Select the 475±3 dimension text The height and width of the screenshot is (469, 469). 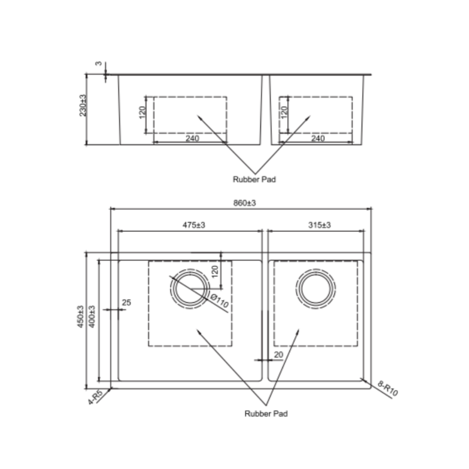point(193,225)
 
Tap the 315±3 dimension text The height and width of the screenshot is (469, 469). point(319,225)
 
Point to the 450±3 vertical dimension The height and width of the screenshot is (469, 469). point(81,317)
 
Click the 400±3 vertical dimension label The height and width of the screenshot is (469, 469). point(92,317)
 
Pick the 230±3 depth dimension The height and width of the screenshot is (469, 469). point(83,106)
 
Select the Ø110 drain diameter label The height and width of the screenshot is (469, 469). point(219,301)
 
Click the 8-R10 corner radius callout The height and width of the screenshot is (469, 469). point(388,389)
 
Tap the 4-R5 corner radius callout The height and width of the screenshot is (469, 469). point(95,398)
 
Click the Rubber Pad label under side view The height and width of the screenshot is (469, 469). point(254,179)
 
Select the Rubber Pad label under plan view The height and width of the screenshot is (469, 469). point(266,413)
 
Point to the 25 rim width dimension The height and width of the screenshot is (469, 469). point(126,303)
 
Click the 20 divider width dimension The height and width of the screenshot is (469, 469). point(278,355)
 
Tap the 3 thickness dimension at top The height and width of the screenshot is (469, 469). point(99,64)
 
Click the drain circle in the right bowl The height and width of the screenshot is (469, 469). point(316,289)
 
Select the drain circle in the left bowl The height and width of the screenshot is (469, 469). point(190,289)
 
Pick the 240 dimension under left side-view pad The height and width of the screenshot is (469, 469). point(192,139)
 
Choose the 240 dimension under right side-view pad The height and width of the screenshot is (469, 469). point(318,139)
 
